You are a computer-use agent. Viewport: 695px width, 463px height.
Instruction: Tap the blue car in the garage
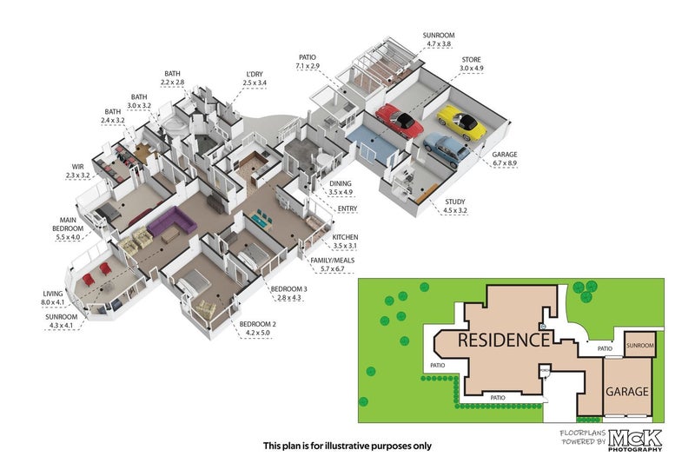click(x=445, y=149)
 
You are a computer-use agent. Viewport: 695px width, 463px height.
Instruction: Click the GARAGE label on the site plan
click(x=627, y=392)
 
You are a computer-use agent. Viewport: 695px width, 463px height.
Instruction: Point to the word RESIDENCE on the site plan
click(x=503, y=339)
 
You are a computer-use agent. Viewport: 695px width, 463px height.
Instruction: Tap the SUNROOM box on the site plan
click(x=640, y=345)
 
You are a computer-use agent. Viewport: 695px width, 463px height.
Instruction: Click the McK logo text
click(x=635, y=436)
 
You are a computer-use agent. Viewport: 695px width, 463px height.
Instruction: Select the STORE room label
click(x=471, y=59)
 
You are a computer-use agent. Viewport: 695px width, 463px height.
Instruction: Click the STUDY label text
click(x=455, y=202)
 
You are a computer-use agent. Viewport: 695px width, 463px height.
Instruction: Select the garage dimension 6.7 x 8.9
click(x=504, y=162)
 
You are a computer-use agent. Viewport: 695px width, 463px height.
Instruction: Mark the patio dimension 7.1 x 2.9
click(x=308, y=66)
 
